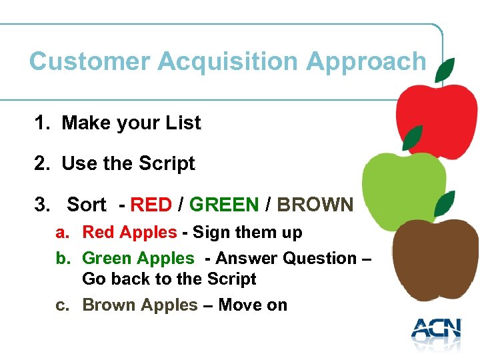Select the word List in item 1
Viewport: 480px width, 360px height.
tap(183, 123)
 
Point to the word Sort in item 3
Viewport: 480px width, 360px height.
tap(86, 205)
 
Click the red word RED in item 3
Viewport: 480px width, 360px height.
tap(151, 205)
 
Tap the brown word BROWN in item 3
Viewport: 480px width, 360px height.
tap(315, 205)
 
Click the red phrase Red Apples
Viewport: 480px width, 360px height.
tap(129, 233)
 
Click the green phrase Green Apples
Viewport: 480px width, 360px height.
tap(138, 258)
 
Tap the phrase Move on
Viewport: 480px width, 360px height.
tap(253, 305)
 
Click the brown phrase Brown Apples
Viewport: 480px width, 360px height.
tap(140, 305)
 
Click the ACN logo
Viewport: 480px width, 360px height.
tap(436, 330)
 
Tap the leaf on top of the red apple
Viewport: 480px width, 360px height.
tap(445, 69)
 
